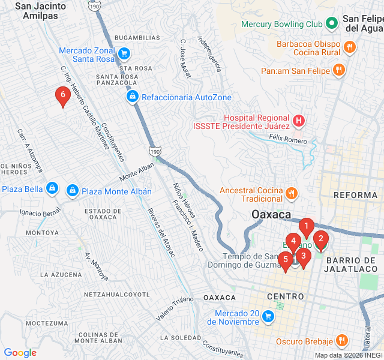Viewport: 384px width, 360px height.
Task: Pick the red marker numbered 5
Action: point(286,260)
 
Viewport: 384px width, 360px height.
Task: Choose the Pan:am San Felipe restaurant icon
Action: point(339,70)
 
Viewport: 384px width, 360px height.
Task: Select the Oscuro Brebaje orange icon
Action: point(342,341)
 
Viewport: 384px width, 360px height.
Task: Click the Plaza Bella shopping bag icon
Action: point(52,189)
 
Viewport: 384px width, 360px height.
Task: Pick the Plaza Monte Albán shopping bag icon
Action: point(73,191)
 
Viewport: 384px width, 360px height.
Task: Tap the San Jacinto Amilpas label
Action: point(41,11)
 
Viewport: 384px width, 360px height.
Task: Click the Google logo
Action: point(20,353)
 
